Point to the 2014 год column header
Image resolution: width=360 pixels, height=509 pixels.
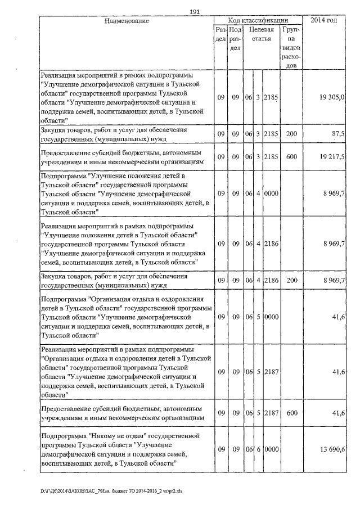(x=327, y=20)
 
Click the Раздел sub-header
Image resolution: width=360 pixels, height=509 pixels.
(x=220, y=34)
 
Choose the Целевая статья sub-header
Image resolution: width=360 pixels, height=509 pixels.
(x=261, y=34)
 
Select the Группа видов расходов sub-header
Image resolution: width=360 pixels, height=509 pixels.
(x=291, y=48)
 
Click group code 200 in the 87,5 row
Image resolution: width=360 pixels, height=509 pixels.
(x=291, y=134)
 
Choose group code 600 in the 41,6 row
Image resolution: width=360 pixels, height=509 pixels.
(x=291, y=413)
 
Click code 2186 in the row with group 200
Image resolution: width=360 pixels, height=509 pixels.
(x=271, y=280)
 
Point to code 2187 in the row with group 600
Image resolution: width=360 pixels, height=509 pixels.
(x=271, y=413)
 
